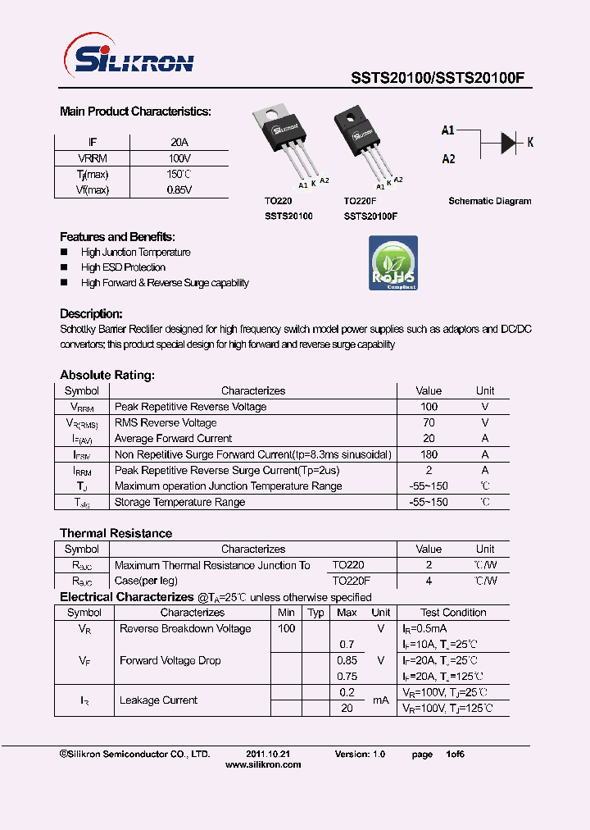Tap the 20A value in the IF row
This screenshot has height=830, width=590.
[x=179, y=142]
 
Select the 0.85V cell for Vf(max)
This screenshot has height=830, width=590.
[x=179, y=190]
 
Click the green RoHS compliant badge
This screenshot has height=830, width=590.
[x=393, y=262]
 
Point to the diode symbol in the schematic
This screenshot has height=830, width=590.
[x=509, y=143]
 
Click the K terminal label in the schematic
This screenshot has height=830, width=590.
[x=530, y=143]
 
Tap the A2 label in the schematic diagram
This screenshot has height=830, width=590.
[x=448, y=159]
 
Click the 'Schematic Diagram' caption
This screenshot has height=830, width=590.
[x=489, y=201]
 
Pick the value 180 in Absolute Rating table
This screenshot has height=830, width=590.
[x=429, y=454]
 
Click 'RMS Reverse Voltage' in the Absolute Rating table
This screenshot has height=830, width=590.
[x=166, y=423]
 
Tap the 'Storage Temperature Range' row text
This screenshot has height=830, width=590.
[x=179, y=502]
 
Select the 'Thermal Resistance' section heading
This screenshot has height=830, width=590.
[x=116, y=533]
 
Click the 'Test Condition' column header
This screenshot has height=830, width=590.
[x=453, y=613]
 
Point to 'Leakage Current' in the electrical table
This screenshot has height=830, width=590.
[x=158, y=700]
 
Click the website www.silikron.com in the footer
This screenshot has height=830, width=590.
[x=262, y=764]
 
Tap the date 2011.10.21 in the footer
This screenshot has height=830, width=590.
[x=268, y=754]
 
